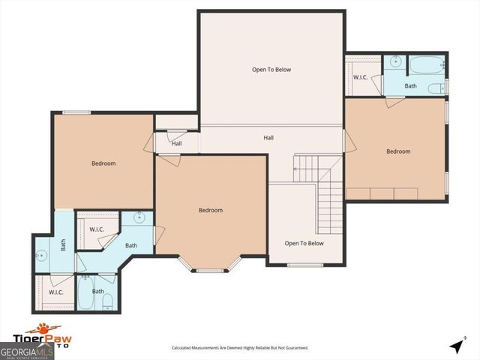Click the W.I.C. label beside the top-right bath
coord(359,77)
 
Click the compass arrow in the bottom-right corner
coord(455,346)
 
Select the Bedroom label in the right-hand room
coord(398,151)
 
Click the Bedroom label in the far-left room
coord(103,163)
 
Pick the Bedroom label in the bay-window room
coord(210,210)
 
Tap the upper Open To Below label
coord(271,70)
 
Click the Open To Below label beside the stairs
coord(304,243)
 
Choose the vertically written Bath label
coord(64,244)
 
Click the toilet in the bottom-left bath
coord(107,303)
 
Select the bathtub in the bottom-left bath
coord(85,300)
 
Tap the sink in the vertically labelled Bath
coord(42,255)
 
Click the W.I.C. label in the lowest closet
coord(55,292)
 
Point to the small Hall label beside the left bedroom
coord(176,144)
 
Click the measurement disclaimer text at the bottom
coord(240,348)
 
